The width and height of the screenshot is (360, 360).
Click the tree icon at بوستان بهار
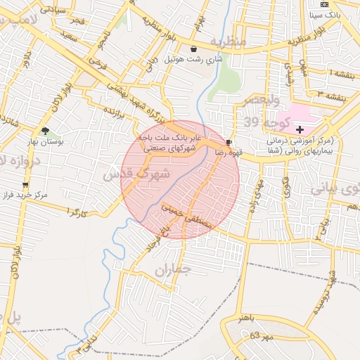[x=46, y=131]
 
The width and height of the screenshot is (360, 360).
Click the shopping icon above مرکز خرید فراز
[x=25, y=185]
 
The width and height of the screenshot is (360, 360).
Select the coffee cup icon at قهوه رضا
[x=229, y=142]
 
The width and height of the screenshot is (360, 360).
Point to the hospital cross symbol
[x=300, y=129]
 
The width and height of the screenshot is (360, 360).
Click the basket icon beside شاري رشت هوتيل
[x=193, y=49]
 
